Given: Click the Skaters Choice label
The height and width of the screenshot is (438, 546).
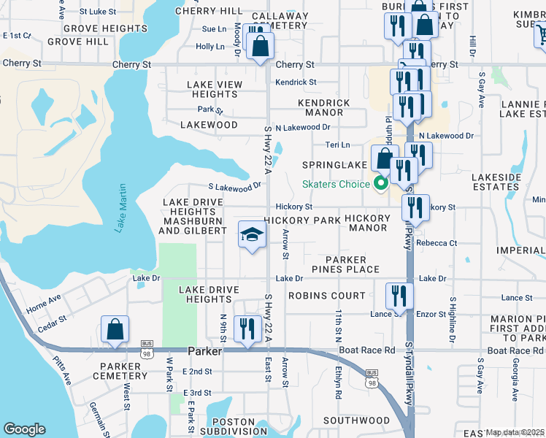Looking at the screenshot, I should tap(337, 184).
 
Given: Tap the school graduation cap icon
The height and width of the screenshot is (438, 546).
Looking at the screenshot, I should tap(250, 235).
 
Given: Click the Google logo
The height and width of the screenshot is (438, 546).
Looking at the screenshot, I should tap(24, 429).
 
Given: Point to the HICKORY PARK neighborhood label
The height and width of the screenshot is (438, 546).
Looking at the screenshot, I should tap(301, 220).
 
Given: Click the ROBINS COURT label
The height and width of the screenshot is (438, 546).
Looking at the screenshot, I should tap(326, 296).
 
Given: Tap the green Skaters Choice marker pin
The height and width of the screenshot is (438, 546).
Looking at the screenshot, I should tap(380, 183).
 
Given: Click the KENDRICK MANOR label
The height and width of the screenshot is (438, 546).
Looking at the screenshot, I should tap(323, 107).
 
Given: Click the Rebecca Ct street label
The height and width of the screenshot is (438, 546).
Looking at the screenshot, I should tap(437, 243).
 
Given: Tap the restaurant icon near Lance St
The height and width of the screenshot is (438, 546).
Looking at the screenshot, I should tap(399, 296).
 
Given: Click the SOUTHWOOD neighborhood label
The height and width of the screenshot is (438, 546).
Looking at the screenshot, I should tap(357, 420).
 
